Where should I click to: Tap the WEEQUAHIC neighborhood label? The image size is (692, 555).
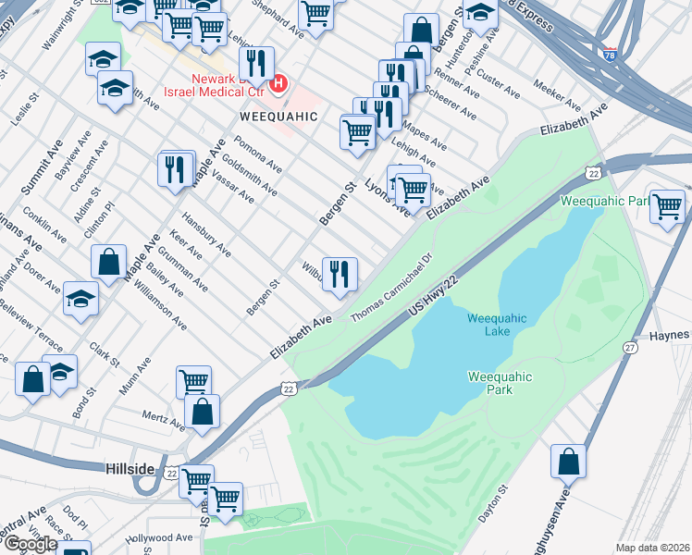point(278,117)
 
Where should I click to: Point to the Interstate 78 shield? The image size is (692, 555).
point(609,53)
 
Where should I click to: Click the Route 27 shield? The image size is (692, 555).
point(629,347)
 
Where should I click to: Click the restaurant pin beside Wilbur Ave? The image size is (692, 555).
point(340,273)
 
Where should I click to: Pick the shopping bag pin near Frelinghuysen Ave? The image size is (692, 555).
point(568,460)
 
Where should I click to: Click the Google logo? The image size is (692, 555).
point(30,544)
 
